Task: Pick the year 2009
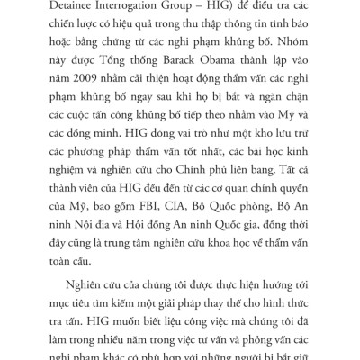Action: coord(71,88)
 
